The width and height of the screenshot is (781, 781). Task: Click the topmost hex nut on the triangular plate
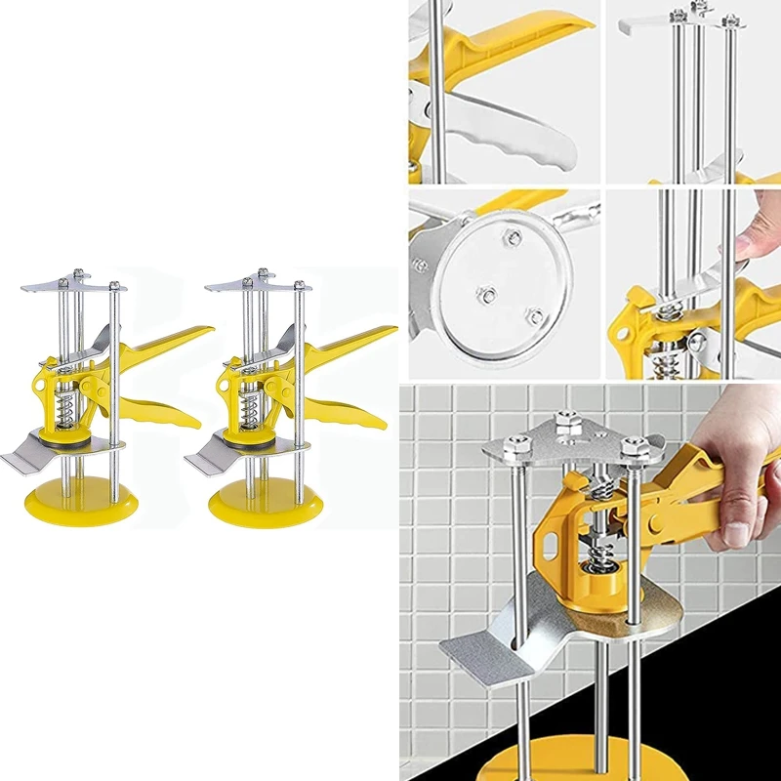(x=565, y=423)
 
